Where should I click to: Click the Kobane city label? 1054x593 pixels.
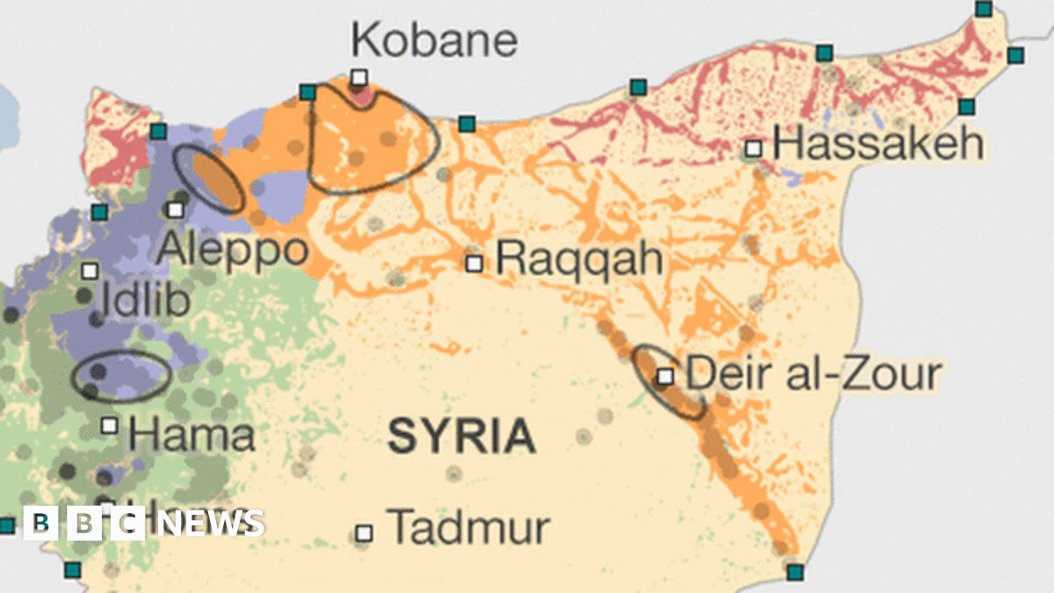pos(434,40)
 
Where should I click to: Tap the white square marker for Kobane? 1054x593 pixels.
pos(358,77)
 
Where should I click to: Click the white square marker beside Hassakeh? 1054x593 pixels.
pos(753,148)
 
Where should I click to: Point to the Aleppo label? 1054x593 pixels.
pos(233,249)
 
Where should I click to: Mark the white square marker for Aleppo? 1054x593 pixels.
pos(176,209)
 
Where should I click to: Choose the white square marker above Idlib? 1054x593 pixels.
pos(89,271)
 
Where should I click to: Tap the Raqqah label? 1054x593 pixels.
pos(578,259)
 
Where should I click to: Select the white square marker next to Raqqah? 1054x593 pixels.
pos(474,263)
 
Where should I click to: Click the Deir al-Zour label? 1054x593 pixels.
pos(812,373)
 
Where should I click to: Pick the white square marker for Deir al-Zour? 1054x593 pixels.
pos(666,376)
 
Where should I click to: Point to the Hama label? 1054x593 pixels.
pos(191,434)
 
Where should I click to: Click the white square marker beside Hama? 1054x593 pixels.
pos(110,425)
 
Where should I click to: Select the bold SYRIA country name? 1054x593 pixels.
pos(461,437)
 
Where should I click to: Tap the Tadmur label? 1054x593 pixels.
pos(468,527)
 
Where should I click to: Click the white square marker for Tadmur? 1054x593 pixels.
pos(364,533)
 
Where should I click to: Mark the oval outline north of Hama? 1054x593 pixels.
pos(121,376)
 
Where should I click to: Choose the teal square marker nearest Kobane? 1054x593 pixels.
pos(307,92)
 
